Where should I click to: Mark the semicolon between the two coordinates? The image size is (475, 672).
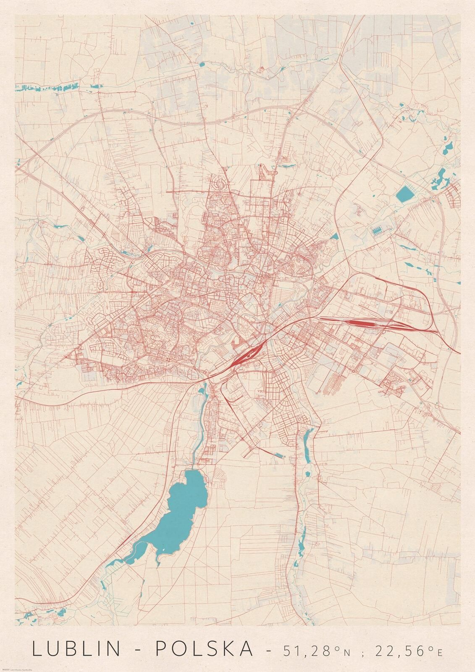[x=364, y=652]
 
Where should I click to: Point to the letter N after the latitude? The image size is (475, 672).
[x=346, y=652]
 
